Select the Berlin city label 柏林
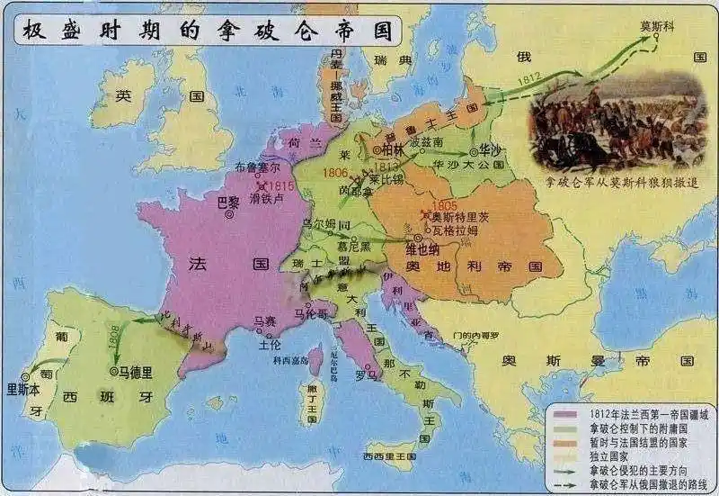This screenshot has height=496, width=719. pos(394,149)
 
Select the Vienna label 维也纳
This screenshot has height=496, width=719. pos(410,248)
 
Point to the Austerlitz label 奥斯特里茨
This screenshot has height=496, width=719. pos(462,216)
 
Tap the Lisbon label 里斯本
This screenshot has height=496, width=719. pos(24,390)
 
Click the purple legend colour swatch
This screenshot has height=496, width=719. pos(565,414)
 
